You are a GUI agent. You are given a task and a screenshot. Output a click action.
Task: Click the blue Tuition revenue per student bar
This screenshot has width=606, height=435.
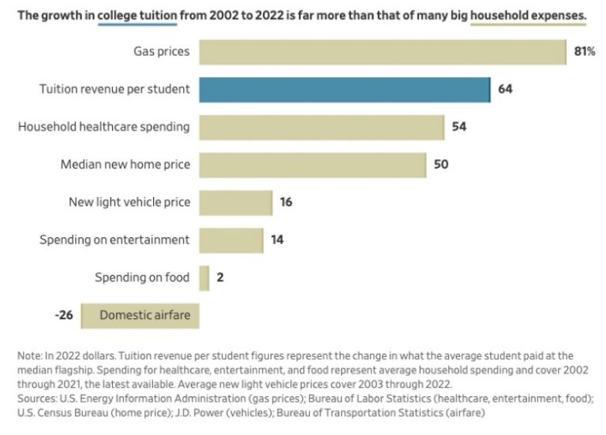click(344, 89)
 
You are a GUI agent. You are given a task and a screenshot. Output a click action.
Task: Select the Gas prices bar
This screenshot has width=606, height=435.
click(383, 52)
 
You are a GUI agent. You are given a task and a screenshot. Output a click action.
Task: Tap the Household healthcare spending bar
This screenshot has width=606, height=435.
click(321, 126)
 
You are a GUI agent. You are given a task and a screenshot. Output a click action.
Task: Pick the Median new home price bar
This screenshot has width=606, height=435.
click(312, 165)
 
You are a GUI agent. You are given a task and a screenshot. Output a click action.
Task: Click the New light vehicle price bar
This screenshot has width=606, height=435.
click(235, 203)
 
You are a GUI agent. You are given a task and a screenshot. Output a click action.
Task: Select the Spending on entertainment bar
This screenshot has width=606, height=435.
click(231, 240)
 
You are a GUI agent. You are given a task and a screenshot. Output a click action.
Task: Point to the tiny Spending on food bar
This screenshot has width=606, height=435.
click(204, 278)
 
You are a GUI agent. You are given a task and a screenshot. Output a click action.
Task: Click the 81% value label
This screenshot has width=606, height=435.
click(584, 52)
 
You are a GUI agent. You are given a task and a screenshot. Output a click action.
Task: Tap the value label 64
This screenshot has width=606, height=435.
click(506, 89)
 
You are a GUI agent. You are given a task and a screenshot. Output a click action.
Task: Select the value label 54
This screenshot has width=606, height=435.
click(459, 126)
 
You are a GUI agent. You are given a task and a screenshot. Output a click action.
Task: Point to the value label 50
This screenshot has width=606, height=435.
click(442, 165)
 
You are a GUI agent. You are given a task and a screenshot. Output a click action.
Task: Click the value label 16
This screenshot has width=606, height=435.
click(286, 203)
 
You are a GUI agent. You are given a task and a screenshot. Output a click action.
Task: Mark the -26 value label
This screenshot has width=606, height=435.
click(64, 316)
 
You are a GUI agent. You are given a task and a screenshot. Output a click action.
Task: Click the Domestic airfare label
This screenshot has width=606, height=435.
click(145, 316)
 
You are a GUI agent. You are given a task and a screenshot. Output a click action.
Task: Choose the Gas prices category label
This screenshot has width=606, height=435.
click(162, 52)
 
